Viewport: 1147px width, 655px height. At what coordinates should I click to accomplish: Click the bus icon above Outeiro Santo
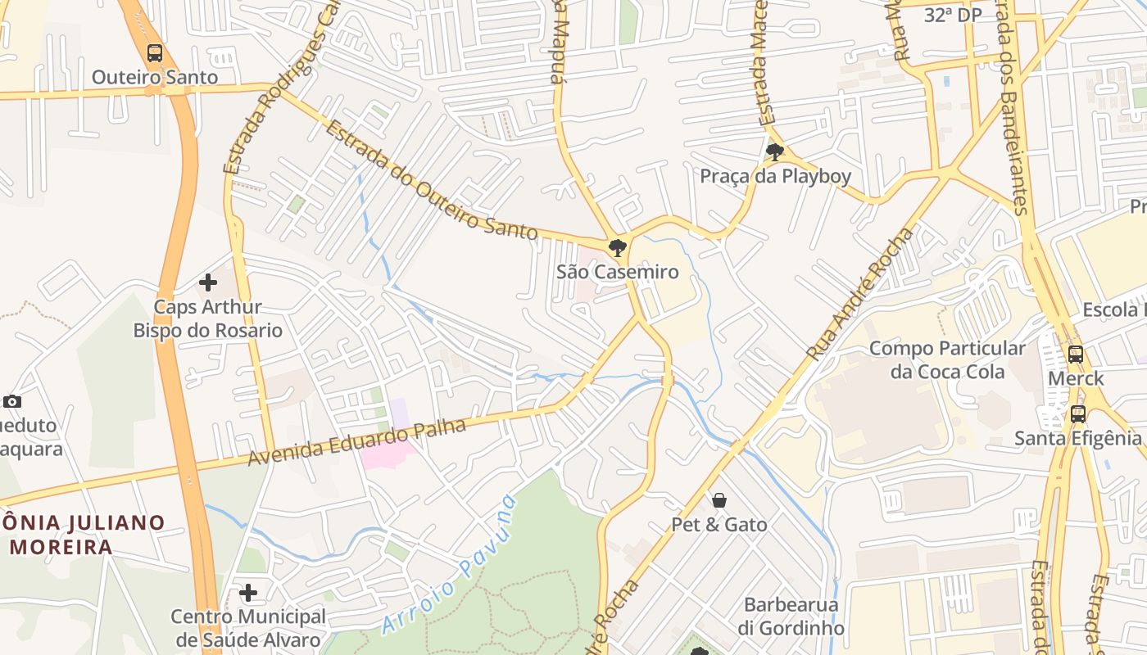(155, 54)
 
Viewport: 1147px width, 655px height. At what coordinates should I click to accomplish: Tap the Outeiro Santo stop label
(155, 78)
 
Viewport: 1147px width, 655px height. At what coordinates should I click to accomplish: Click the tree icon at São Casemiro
(618, 247)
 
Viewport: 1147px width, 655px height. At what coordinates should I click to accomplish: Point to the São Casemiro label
(618, 272)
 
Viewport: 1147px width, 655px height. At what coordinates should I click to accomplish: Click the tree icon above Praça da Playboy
(774, 151)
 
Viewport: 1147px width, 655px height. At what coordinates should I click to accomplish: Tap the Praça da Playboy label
(775, 176)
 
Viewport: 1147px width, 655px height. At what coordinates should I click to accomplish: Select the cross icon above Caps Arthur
(208, 282)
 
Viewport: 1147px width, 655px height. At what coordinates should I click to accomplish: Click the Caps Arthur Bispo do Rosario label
(208, 319)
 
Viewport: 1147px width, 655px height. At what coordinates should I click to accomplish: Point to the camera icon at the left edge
(11, 401)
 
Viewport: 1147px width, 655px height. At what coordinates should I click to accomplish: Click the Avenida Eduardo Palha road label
(357, 443)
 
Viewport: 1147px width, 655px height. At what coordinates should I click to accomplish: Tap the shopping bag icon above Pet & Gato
(719, 499)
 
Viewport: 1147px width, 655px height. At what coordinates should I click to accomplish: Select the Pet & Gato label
(719, 524)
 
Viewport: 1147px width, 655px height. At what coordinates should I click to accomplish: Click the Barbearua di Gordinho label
(791, 617)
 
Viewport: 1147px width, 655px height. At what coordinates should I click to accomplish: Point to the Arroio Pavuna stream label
(450, 565)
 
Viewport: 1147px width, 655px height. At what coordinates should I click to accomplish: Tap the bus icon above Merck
(1076, 355)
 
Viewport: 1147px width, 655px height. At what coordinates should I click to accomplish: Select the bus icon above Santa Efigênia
(1078, 414)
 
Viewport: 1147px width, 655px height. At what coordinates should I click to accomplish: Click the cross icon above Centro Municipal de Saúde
(248, 592)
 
